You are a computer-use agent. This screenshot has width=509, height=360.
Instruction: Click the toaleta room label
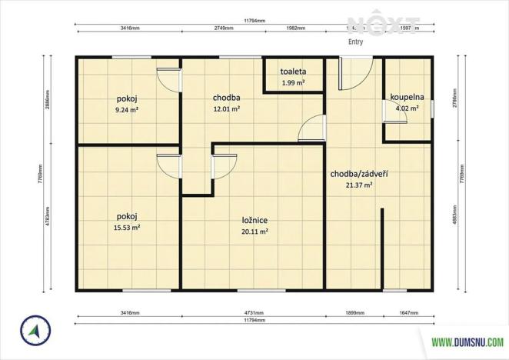pyautogui.click(x=292, y=72)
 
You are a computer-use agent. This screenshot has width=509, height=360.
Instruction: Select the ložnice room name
pyautogui.click(x=254, y=219)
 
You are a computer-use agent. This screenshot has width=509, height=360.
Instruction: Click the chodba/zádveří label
pyautogui.click(x=358, y=174)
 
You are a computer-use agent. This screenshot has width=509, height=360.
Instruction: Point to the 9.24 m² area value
pyautogui.click(x=128, y=110)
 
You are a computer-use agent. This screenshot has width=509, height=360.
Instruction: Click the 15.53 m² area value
pyautogui.click(x=128, y=228)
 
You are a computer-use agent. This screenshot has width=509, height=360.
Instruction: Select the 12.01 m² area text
pyautogui.click(x=226, y=109)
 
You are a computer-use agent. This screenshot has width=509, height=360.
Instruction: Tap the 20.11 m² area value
pyautogui.click(x=254, y=231)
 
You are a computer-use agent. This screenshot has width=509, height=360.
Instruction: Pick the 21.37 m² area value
pyautogui.click(x=358, y=185)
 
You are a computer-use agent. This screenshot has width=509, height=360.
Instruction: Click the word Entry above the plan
pyautogui.click(x=356, y=43)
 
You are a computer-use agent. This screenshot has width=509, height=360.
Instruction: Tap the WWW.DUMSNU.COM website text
pyautogui.click(x=467, y=342)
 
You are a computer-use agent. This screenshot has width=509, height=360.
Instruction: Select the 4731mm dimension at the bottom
pyautogui.click(x=253, y=314)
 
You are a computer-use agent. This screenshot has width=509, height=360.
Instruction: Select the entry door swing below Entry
pyautogui.click(x=354, y=71)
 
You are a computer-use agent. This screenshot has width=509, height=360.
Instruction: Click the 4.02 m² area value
pyautogui.click(x=407, y=109)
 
